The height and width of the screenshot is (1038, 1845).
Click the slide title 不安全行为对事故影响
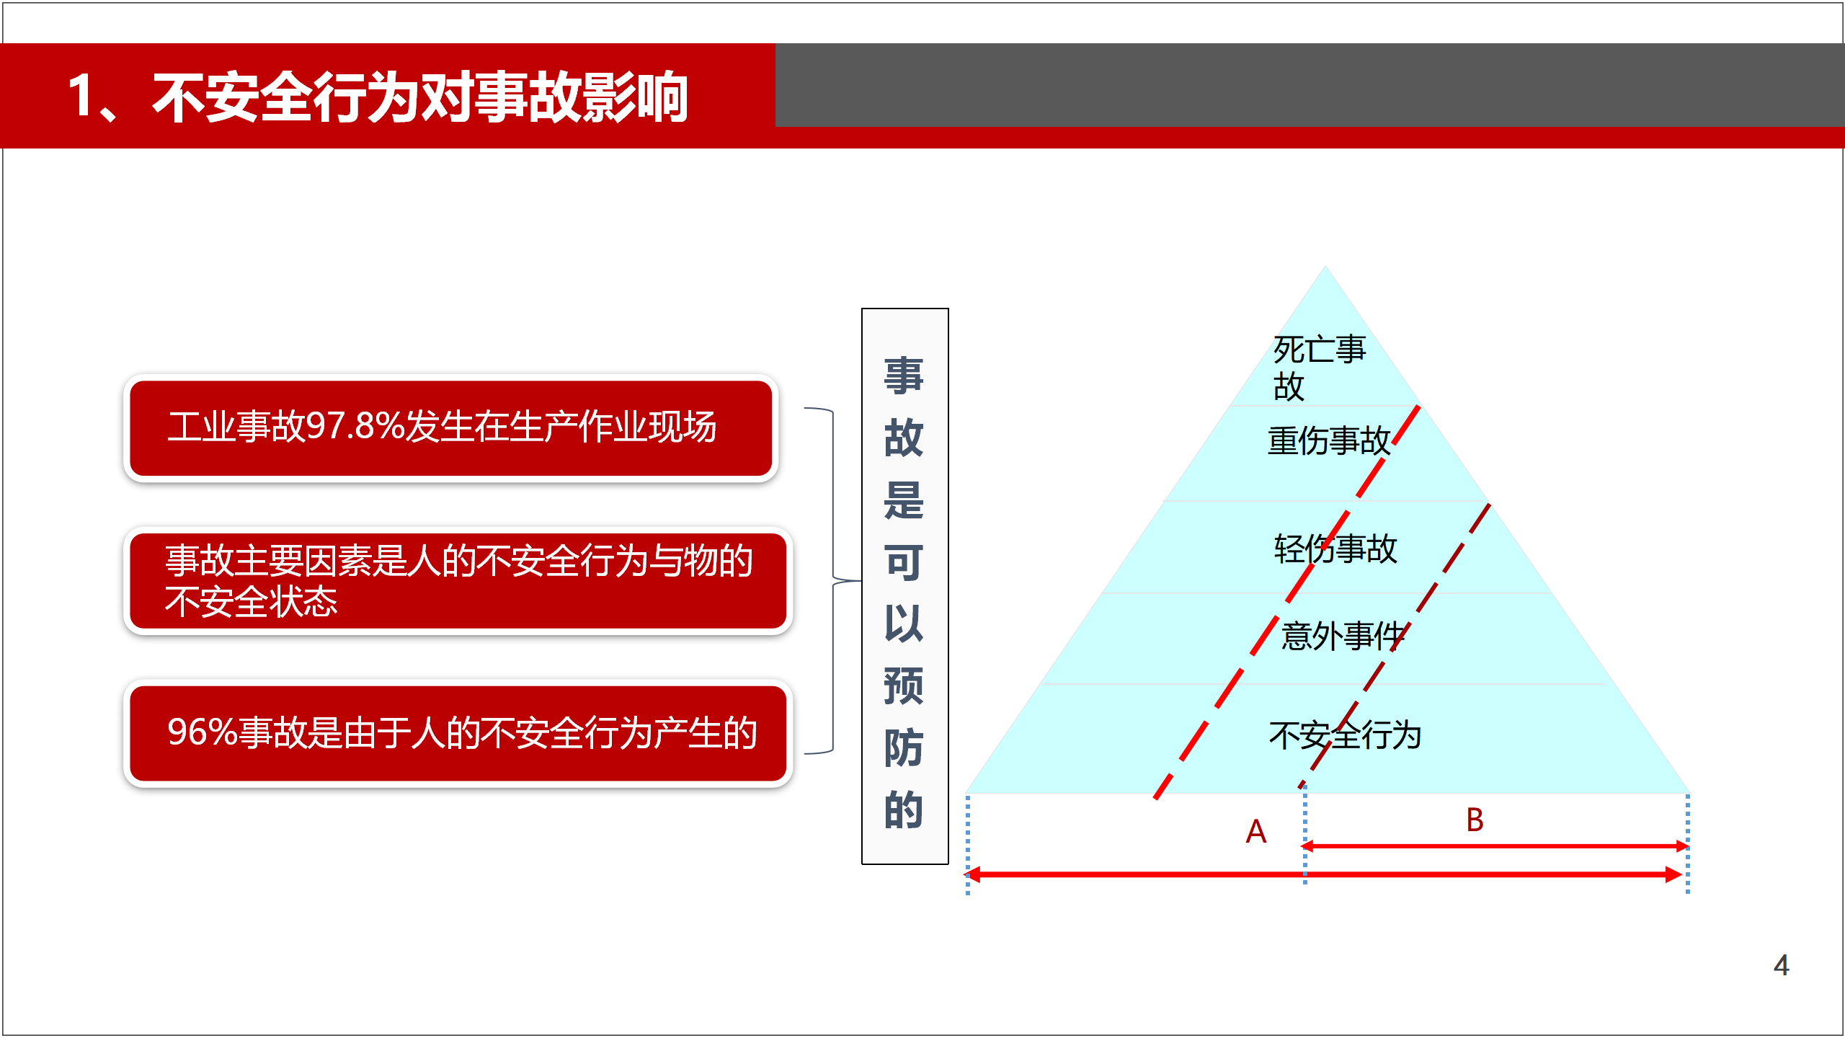[x=420, y=97]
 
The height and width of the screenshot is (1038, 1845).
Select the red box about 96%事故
[x=458, y=733]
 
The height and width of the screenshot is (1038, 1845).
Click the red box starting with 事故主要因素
[x=458, y=580]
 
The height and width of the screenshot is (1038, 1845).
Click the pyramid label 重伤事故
[x=1329, y=440]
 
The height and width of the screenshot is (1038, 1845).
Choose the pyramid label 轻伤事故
[x=1335, y=549]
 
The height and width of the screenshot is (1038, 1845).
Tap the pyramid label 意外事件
[x=1343, y=636]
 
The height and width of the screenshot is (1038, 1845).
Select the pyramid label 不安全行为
[x=1345, y=735]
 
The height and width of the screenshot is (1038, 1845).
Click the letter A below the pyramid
[x=1256, y=832]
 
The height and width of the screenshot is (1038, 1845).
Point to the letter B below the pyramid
[x=1475, y=820]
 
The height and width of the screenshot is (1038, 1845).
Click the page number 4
[x=1782, y=965]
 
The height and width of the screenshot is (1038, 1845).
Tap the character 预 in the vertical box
[x=904, y=686]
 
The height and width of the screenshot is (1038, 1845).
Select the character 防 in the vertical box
[x=904, y=748]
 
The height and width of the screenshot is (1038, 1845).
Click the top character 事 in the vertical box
[x=904, y=376]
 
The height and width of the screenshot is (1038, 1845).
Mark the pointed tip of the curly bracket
[x=861, y=580]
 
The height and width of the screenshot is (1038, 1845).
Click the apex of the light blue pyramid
[x=1325, y=266]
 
